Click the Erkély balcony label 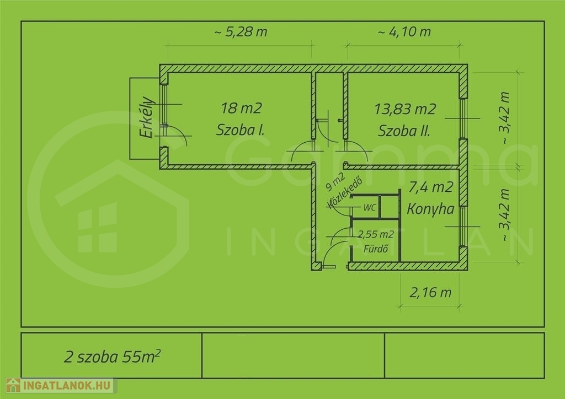[x=147, y=117]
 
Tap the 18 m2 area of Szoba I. [x=241, y=108]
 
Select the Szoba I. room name [x=241, y=130]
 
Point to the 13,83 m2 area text [x=405, y=109]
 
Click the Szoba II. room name [x=404, y=131]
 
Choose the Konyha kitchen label [x=430, y=209]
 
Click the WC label [x=370, y=207]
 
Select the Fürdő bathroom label [x=375, y=249]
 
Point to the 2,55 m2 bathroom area [x=376, y=235]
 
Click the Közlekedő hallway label [x=344, y=193]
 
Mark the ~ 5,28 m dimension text [x=241, y=31]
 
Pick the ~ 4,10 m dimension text [x=404, y=31]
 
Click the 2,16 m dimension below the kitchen [x=430, y=293]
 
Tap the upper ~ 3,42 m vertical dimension [x=505, y=118]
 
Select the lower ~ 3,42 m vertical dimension [x=505, y=215]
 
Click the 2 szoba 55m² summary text [x=112, y=356]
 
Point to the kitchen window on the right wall [x=463, y=227]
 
